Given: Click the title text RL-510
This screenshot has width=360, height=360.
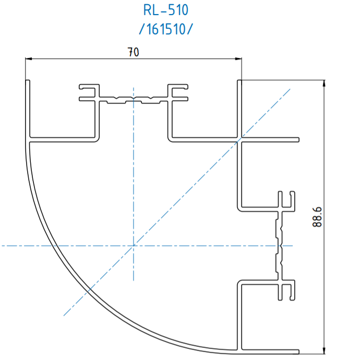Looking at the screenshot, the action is tap(166, 10).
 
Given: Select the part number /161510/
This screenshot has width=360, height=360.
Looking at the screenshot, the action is tap(166, 29).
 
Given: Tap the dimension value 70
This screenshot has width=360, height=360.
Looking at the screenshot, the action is tap(133, 52).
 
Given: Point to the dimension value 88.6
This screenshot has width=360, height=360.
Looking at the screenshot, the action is tap(317, 217).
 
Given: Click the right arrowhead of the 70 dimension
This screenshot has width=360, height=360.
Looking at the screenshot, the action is tap(238, 59).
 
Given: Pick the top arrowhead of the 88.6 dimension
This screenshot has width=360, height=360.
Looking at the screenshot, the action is tap(324, 83).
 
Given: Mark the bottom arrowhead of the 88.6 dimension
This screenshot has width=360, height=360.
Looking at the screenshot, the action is tap(324, 351).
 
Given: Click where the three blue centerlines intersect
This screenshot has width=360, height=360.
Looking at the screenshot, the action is tap(134, 246).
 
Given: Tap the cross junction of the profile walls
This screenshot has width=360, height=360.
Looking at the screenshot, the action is tap(239, 140).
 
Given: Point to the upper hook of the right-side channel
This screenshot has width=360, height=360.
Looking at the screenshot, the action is tap(286, 201).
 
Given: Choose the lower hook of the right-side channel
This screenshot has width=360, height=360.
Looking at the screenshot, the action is tap(286, 290).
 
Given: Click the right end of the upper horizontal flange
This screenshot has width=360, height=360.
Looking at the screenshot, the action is tap(299, 140).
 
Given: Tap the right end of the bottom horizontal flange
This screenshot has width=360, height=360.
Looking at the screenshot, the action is tap(299, 352).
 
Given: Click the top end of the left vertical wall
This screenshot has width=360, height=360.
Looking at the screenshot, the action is tap(28, 80).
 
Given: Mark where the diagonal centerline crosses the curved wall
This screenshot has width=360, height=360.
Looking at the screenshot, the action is tap(89, 290).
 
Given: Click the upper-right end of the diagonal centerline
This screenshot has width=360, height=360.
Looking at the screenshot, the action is tap(290, 89).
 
